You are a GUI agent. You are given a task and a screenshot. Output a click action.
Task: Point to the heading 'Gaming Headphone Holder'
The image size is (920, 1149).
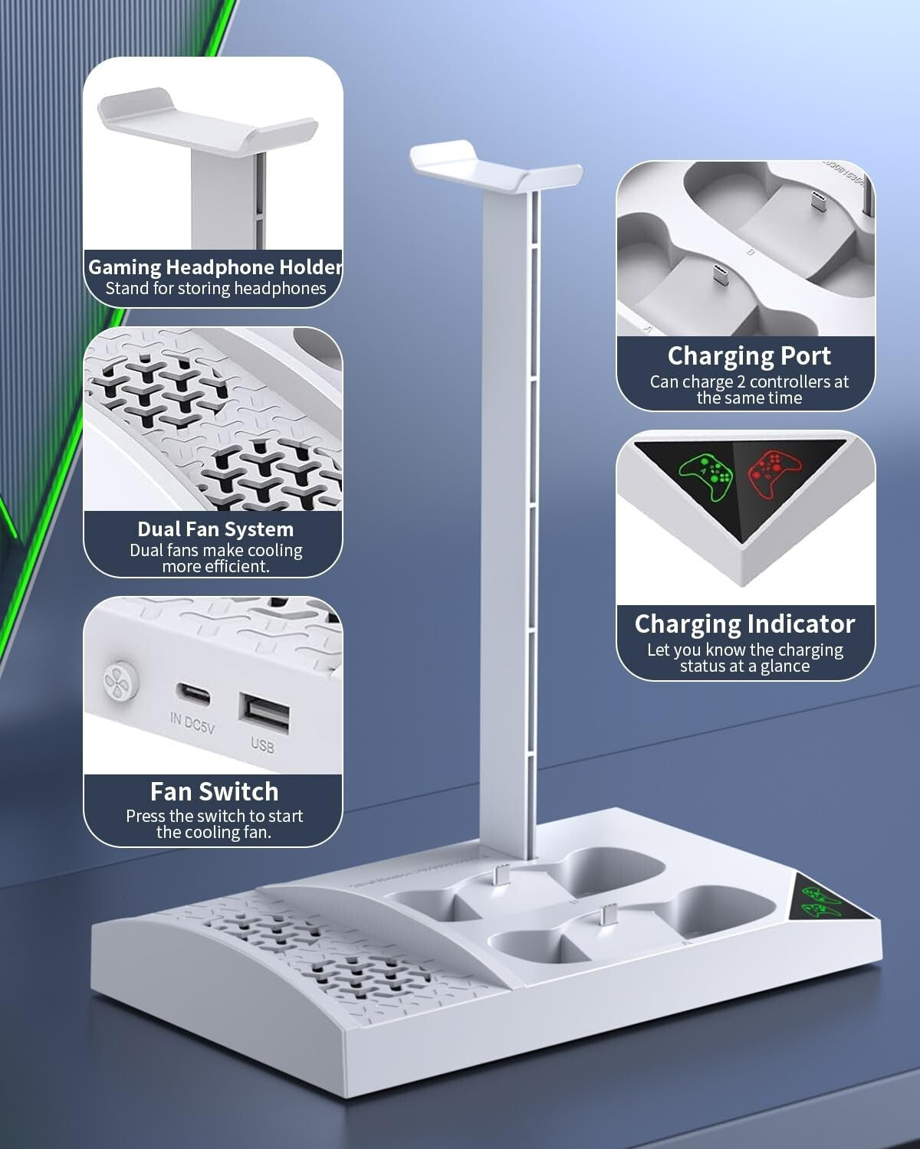215,267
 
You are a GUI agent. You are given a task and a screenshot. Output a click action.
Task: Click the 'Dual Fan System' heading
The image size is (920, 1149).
215,529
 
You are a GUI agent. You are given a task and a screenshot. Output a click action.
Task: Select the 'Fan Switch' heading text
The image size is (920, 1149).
214,791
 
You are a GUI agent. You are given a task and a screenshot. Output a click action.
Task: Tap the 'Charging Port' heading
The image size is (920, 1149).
748,356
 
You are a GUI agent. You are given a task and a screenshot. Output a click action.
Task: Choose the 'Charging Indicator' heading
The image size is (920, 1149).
744,624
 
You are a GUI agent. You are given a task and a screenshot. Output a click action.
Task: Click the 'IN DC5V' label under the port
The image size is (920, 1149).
192,724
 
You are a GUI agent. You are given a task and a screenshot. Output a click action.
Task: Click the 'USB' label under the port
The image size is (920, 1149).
262,745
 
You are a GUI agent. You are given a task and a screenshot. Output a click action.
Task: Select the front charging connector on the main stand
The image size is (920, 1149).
609,914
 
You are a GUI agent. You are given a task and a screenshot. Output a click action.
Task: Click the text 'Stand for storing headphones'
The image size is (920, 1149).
215,289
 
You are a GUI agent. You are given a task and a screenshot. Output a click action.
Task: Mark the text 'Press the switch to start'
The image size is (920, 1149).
214,816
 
